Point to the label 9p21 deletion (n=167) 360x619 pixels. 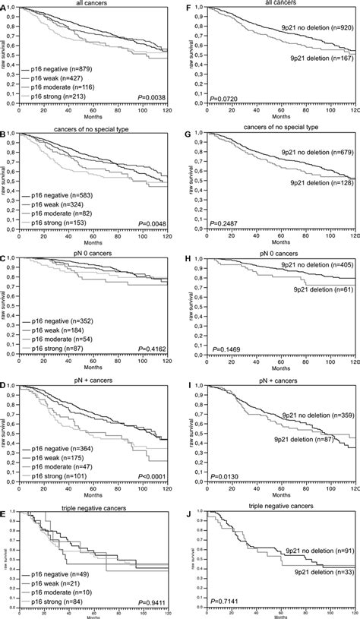tap(314, 58)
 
